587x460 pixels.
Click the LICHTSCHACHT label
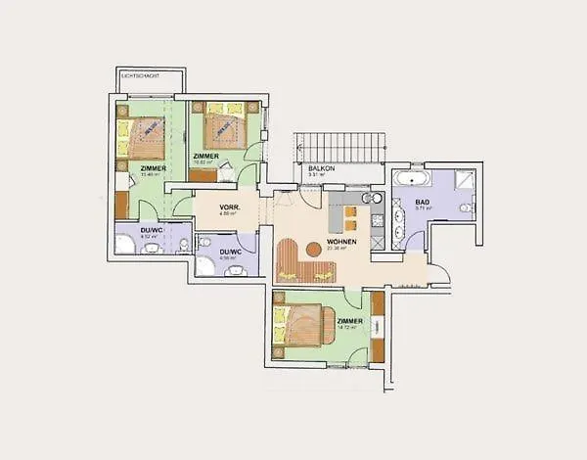(139, 75)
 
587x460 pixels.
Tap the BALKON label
(322, 168)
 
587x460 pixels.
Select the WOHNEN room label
(341, 242)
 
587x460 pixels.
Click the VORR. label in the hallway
(230, 207)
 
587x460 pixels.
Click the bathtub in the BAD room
(412, 179)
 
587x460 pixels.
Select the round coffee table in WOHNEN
(313, 250)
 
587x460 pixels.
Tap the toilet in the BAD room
(467, 208)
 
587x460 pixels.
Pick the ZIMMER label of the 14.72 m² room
(349, 321)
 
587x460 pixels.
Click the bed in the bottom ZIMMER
(303, 328)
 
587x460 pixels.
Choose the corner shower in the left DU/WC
(125, 244)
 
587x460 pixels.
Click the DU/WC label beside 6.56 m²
(231, 252)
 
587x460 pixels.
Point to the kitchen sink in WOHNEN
(371, 198)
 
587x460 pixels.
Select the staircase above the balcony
(340, 148)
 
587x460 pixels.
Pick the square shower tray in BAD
(464, 179)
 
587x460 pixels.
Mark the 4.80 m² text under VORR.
(230, 215)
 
